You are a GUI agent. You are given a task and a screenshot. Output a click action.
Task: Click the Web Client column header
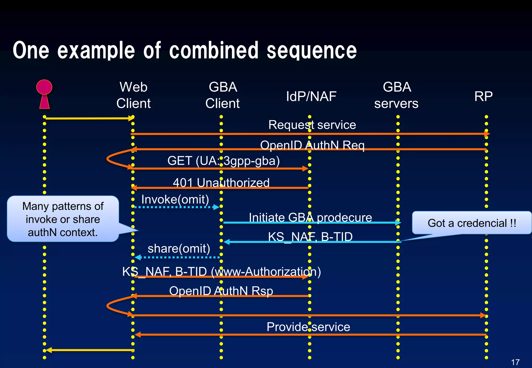click(134, 95)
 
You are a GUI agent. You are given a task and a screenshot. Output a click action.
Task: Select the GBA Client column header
click(223, 95)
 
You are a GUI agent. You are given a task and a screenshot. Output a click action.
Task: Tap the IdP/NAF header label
click(311, 96)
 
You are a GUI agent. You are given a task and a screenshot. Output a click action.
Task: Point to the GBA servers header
click(396, 95)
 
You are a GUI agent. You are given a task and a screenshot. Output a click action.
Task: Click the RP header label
click(483, 96)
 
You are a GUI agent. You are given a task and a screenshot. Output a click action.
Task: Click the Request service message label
click(312, 125)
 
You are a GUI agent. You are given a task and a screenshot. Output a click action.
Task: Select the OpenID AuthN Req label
click(312, 145)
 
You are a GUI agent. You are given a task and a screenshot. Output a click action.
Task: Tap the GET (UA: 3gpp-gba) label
click(223, 161)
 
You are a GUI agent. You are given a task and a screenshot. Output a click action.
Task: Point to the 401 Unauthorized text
click(221, 182)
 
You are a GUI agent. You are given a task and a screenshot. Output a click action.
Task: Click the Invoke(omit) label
click(175, 199)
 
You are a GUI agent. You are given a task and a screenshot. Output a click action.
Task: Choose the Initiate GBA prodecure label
click(310, 217)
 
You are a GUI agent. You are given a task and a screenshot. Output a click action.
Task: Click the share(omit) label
click(179, 248)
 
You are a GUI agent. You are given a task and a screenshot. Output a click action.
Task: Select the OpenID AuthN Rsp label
click(221, 291)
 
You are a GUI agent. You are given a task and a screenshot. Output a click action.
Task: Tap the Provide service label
click(308, 327)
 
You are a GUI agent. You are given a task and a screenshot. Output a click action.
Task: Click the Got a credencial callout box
click(471, 223)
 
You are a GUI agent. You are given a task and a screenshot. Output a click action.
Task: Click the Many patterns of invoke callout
click(63, 219)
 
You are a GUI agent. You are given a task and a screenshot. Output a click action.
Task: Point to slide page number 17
click(515, 362)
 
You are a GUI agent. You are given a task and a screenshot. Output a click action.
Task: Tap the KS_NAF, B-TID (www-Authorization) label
click(222, 271)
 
